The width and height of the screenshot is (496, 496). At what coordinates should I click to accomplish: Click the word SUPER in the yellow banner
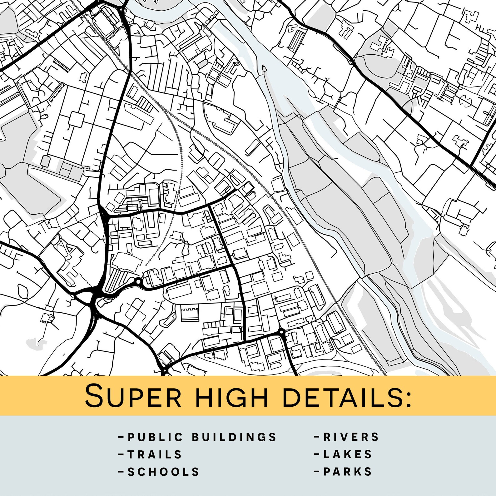[x=133, y=396]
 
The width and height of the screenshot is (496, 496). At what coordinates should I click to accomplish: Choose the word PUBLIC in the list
[x=155, y=437]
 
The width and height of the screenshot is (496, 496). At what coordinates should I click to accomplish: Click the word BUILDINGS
[x=234, y=437]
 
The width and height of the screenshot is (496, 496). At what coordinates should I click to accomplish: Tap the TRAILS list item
[x=155, y=454]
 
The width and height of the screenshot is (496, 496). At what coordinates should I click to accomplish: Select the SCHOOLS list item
[x=163, y=472]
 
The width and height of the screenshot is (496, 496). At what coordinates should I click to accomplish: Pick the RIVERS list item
[x=351, y=437]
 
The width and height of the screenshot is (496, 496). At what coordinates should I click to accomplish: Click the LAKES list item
[x=348, y=454]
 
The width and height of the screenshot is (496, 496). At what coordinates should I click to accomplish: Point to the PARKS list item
[x=348, y=472]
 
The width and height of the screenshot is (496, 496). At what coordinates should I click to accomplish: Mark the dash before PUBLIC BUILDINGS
[x=121, y=437]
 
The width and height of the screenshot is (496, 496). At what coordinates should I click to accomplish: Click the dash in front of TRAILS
[x=121, y=454]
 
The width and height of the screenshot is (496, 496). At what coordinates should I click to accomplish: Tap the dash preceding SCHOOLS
[x=121, y=472]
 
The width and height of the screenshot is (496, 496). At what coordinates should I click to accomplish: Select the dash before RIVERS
[x=317, y=437]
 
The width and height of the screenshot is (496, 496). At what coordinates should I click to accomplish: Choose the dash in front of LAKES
[x=317, y=454]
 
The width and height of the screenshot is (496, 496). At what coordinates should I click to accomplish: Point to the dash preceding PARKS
[x=317, y=472]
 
